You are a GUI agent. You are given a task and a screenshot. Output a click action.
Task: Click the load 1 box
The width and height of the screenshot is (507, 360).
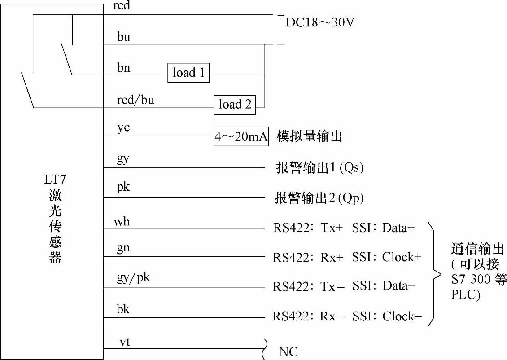pos(188,73)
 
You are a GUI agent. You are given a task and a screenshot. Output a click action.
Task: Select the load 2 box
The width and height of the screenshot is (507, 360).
pos(235,105)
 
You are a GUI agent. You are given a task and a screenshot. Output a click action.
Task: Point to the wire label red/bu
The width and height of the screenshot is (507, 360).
pos(135,100)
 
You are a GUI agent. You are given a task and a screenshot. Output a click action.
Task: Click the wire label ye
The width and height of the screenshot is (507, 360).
pos(123,128)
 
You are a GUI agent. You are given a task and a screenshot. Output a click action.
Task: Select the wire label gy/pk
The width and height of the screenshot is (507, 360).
pos(133,278)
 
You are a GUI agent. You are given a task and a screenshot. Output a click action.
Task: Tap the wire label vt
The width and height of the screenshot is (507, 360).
pos(125,342)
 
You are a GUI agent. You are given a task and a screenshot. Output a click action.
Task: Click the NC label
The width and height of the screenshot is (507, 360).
pos(288,351)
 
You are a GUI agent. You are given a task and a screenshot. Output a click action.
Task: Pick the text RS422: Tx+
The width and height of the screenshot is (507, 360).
pos(308,228)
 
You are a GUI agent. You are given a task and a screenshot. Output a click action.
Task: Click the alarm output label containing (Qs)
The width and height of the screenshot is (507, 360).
pos(319,168)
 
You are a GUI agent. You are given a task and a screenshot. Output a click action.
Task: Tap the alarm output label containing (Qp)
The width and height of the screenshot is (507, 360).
pos(319,198)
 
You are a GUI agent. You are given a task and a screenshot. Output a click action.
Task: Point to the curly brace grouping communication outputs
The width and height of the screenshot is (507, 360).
pos(434,273)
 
